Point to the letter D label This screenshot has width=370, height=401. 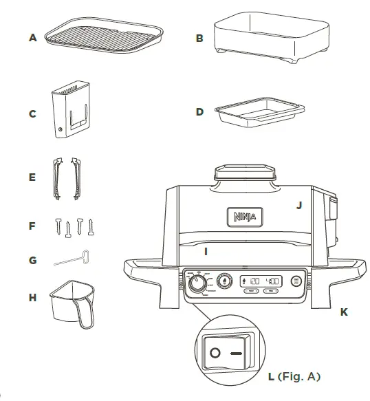point(199,111)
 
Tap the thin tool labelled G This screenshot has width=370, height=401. point(72,259)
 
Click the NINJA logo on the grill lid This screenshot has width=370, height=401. point(241,218)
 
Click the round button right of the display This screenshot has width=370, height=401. point(296,281)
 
